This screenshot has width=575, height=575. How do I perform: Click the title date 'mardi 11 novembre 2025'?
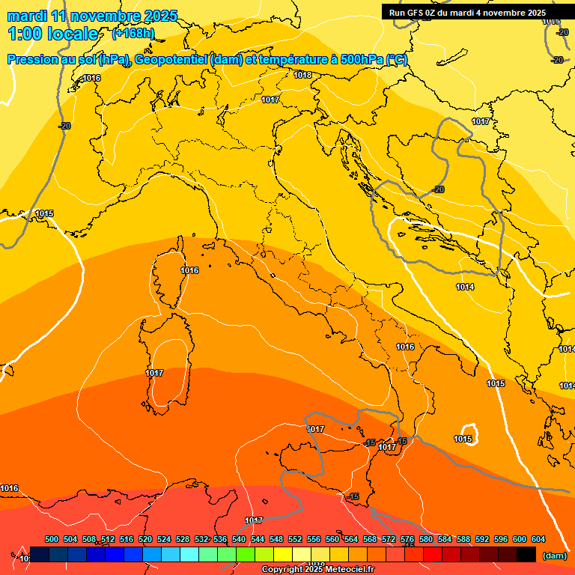pos(92,16)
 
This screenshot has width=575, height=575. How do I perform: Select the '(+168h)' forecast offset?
pos(133,33)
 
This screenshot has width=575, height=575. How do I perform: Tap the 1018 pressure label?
pos(302,75)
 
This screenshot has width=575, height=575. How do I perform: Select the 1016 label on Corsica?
pos(189,270)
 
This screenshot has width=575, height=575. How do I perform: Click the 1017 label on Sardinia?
pos(154,373)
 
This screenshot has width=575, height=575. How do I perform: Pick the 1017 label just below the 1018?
pos(270,100)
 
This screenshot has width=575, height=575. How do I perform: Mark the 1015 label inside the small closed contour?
pos(463,439)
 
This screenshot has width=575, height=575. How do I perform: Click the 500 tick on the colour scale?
pos(52,539)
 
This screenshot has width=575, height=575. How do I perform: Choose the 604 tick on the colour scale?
pos(538,539)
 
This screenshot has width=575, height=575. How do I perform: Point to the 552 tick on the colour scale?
pos(295,539)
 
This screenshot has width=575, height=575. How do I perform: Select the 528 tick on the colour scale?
pos(183,539)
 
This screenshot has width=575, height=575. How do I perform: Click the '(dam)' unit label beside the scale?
pos(554,556)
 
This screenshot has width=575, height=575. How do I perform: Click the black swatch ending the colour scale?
pos(526,555)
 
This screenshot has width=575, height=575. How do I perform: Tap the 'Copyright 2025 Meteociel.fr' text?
pos(317,569)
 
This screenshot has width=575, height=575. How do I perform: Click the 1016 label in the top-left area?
pos(91,78)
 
